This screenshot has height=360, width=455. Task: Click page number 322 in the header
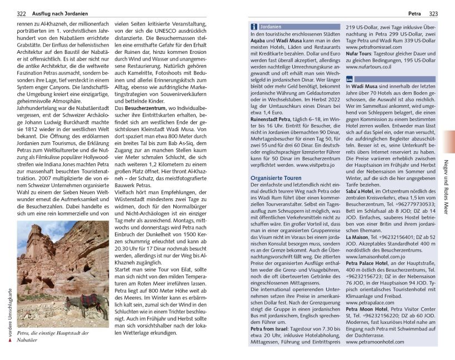click(21, 13)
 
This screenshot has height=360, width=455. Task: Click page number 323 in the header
click(434, 13)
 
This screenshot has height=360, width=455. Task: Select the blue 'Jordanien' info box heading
click(271, 26)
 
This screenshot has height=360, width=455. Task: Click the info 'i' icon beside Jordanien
click(254, 26)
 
